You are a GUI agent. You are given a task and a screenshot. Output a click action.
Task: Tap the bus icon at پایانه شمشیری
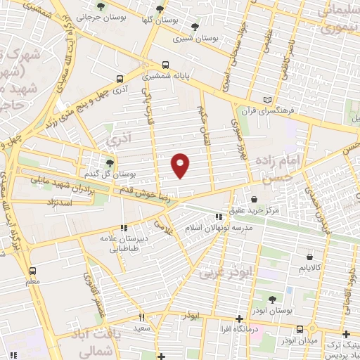click(x=164, y=61)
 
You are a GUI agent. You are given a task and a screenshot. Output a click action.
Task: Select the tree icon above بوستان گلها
click(x=160, y=9)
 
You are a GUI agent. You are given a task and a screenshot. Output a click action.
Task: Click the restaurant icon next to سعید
click(x=141, y=318)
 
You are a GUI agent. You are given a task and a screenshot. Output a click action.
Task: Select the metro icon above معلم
click(x=32, y=271)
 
